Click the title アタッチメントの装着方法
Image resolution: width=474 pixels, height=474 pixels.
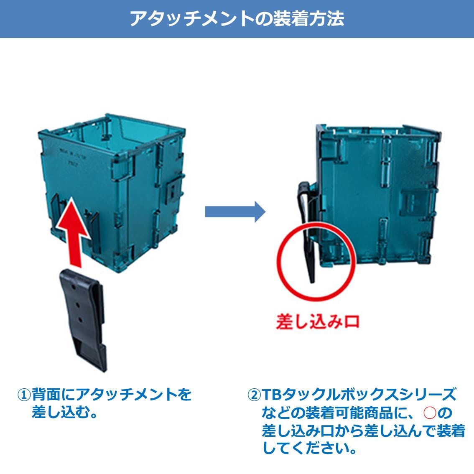[237, 19]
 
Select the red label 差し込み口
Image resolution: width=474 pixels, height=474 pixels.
[317, 322]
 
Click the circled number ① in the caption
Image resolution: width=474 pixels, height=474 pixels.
[24, 394]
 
